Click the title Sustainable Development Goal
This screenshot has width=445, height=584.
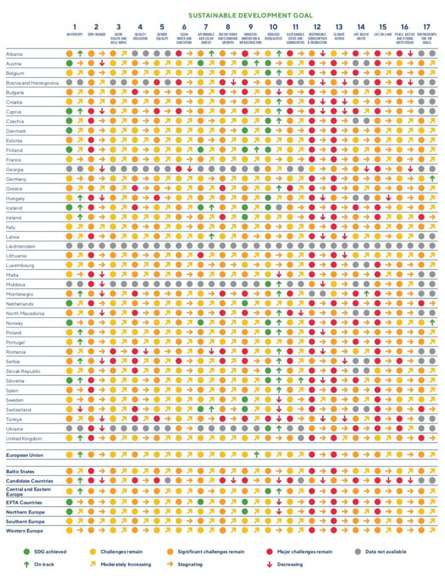(250, 16)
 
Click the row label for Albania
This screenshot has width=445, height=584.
(14, 54)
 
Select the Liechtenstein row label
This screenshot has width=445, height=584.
(20, 246)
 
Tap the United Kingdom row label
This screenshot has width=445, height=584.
(24, 438)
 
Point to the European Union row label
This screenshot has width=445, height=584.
(25, 455)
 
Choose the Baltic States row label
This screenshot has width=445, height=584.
(20, 471)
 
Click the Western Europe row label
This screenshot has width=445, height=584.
(24, 531)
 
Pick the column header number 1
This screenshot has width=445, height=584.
(74, 27)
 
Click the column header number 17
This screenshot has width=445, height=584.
(427, 27)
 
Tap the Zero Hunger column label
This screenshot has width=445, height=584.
(96, 35)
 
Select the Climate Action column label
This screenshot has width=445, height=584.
(339, 36)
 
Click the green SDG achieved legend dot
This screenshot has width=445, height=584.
(26, 552)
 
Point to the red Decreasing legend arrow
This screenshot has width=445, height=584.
(269, 564)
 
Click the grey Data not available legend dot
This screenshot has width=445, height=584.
(358, 552)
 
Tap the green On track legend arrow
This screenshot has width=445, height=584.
(26, 564)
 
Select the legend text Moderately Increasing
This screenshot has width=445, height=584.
(125, 564)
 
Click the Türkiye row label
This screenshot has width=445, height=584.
(14, 419)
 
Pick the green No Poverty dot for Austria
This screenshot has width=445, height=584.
(69, 63)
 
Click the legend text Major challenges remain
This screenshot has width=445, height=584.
(304, 552)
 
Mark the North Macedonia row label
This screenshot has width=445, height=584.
(25, 313)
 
